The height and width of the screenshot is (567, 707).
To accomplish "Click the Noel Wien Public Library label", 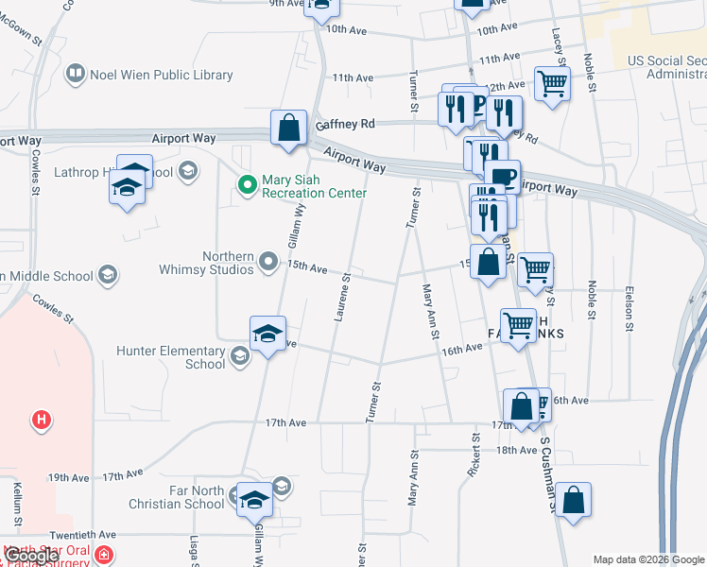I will pos(161,74).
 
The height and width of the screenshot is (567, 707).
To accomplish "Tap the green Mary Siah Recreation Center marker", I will pos(248,184).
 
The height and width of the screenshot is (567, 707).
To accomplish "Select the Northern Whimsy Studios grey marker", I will pos(269,260).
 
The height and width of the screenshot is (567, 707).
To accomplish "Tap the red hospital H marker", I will pos(41,419).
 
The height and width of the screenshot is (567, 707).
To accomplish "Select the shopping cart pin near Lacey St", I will pos(552,82).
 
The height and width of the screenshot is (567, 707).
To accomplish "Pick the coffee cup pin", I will pos(502,176).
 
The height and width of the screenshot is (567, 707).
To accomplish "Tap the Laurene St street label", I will pos(342,298).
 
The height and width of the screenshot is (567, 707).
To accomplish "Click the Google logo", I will pos(31,556).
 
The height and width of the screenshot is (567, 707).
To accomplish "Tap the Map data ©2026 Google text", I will pos(648,559).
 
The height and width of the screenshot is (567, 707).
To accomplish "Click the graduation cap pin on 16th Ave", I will pos(267,334).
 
